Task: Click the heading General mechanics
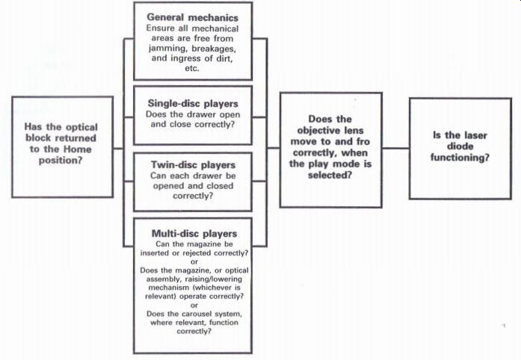coord(193,17)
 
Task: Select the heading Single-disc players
coord(193,104)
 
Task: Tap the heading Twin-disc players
coord(193,165)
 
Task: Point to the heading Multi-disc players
coord(194,234)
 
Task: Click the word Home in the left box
coord(78,149)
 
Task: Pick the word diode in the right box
coord(460,146)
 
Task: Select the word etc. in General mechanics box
coord(192,69)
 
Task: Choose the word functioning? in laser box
coord(460,158)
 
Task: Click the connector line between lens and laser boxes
coord(395,148)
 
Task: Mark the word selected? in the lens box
coord(330,175)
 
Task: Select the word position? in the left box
coord(60,161)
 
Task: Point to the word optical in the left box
coord(81,127)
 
